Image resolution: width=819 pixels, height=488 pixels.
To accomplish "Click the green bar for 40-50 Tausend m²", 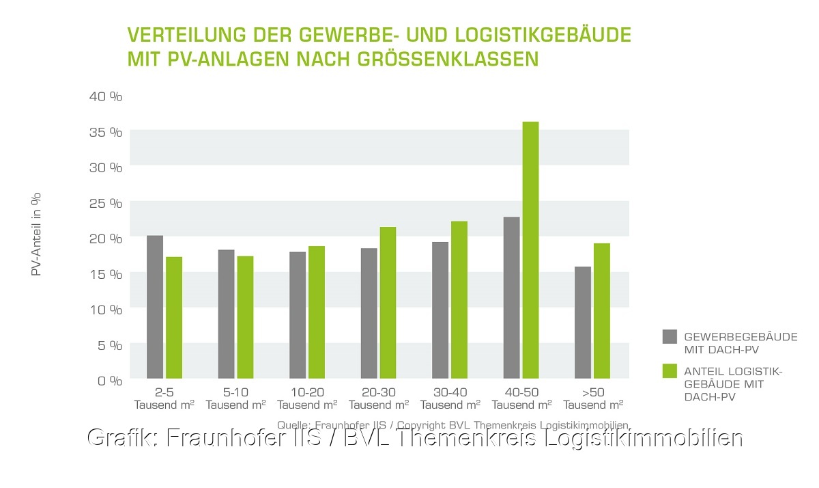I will [x=530, y=250].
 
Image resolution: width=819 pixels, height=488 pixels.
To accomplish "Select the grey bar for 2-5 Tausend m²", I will [x=155, y=307].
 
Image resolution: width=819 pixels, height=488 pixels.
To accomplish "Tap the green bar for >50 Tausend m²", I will [x=601, y=311].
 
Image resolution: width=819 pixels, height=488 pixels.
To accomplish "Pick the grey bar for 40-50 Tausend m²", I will [x=511, y=298].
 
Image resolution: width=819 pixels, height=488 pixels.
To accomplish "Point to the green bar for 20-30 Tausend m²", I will [x=388, y=303].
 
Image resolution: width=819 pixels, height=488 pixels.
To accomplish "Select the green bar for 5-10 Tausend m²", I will [x=245, y=317].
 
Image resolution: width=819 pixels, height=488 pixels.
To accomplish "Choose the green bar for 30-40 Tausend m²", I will [x=459, y=300].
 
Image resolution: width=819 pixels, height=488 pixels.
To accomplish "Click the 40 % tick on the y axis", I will [x=105, y=96].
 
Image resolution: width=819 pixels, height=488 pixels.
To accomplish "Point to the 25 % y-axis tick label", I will [x=105, y=203].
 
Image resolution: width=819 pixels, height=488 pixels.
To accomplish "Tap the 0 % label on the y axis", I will [x=109, y=381].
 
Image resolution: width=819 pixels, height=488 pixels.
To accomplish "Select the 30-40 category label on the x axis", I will [x=449, y=392].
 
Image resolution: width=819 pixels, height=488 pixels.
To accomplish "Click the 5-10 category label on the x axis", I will [x=235, y=392].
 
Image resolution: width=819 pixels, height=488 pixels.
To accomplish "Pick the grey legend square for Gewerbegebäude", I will [x=670, y=336].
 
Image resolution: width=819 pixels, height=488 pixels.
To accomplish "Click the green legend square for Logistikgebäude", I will [x=670, y=371].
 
